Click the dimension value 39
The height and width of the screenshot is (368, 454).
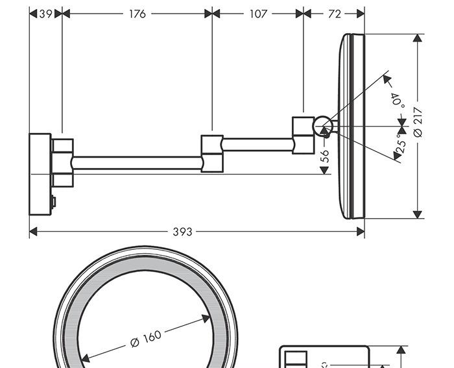pyautogui.click(x=45, y=14)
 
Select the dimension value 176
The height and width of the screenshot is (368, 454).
pyautogui.click(x=137, y=14)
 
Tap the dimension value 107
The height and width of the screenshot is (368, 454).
pyautogui.click(x=258, y=14)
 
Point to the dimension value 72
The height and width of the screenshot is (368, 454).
pyautogui.click(x=334, y=14)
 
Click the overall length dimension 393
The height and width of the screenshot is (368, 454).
pyautogui.click(x=183, y=232)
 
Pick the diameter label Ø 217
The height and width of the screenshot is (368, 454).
pyautogui.click(x=418, y=123)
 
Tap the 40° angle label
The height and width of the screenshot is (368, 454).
pyautogui.click(x=397, y=99)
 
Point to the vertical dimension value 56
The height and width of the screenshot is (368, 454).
pyautogui.click(x=326, y=156)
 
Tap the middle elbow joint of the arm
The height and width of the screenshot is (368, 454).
pyautogui.click(x=212, y=153)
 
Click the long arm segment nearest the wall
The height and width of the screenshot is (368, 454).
pyautogui.click(x=137, y=162)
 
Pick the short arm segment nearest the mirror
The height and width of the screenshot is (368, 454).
pyautogui.click(x=257, y=144)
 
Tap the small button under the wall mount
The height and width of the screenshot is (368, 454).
pyautogui.click(x=54, y=202)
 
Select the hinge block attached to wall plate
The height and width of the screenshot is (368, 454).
pyautogui.click(x=62, y=162)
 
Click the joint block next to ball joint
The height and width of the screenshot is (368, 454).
pyautogui.click(x=303, y=135)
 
